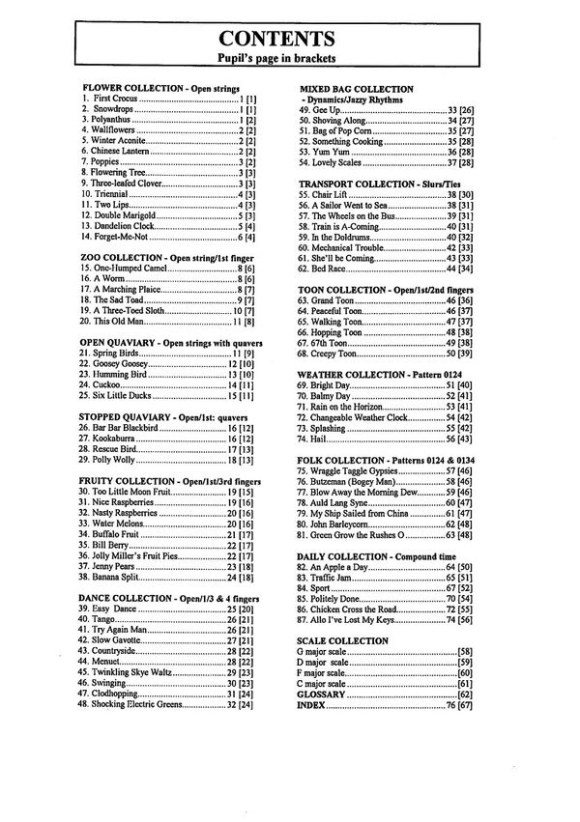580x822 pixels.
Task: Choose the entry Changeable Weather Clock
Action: [372, 416]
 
